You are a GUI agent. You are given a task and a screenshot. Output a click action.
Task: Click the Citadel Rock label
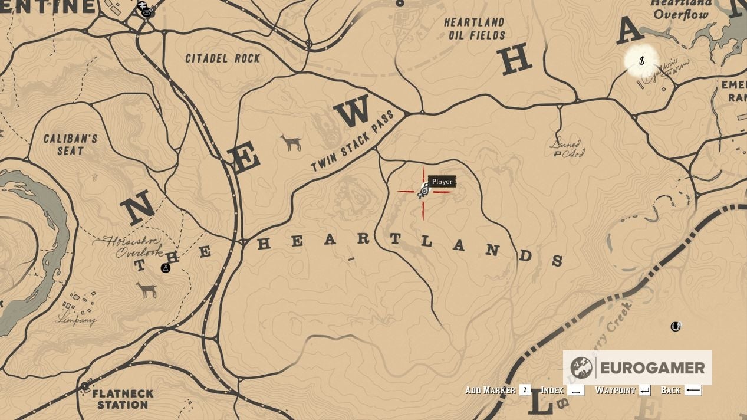[222, 58]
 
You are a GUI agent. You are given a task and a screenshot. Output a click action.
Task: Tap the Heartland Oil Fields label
[474, 29]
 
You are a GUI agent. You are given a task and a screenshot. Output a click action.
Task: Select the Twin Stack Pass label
[353, 140]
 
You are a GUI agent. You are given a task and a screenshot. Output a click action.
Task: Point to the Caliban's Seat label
[70, 145]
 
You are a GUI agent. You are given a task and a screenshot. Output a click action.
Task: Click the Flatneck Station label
[123, 399]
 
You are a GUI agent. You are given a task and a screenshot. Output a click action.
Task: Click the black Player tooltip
[442, 182]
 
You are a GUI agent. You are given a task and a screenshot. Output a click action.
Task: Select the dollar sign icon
[641, 61]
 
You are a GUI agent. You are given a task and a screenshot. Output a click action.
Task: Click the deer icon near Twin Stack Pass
[291, 142]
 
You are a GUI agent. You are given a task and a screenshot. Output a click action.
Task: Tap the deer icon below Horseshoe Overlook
[147, 289]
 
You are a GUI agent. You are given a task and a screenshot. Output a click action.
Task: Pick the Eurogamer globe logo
[581, 367]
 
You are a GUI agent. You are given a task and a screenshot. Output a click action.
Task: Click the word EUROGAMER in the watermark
[653, 368]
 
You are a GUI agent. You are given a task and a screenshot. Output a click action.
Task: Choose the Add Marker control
[498, 390]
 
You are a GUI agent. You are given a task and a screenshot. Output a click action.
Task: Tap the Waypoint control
[623, 390]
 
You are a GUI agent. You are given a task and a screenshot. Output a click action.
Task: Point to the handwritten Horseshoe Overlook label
[131, 246]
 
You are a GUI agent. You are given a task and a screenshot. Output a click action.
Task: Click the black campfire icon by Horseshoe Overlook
[166, 268]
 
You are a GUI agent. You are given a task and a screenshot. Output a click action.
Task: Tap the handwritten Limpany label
[75, 320]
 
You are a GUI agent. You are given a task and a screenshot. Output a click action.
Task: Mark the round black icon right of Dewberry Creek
[676, 326]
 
